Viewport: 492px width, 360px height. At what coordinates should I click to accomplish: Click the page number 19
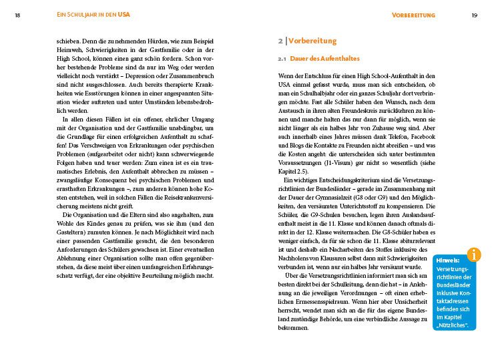[x=474, y=15]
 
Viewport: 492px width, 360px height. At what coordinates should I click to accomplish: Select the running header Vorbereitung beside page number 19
[x=414, y=15]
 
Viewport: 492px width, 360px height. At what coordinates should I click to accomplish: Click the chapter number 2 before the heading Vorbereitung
[x=280, y=41]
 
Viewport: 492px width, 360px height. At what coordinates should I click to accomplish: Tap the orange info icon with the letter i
[x=474, y=254]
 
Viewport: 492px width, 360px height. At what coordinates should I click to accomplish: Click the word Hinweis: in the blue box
[x=447, y=260]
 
